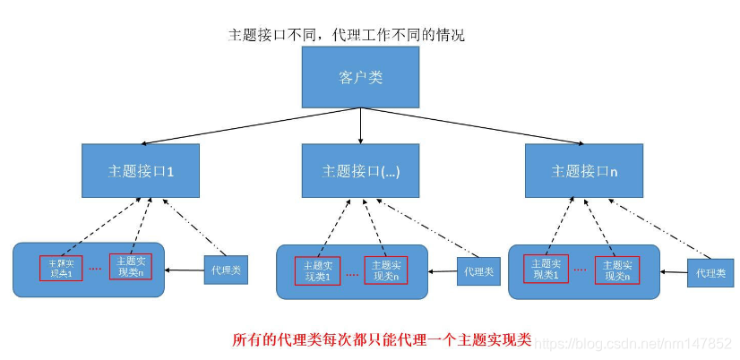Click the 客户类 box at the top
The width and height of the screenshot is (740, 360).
[360, 78]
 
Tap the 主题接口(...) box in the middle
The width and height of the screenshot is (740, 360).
[360, 170]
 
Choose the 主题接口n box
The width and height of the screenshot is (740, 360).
[584, 170]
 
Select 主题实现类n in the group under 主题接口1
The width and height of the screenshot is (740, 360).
[131, 267]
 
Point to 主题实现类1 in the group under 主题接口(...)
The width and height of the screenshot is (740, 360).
[317, 270]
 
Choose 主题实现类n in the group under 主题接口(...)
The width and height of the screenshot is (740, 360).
[385, 270]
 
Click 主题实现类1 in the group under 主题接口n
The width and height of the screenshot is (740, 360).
[546, 270]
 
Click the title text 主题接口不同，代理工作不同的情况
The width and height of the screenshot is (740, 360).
[347, 35]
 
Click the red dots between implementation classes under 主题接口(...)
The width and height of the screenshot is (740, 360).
[351, 273]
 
